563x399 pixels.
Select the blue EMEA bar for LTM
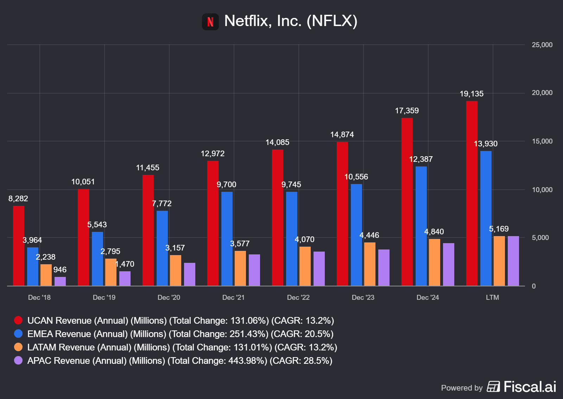click(x=486, y=218)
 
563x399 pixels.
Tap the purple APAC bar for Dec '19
click(x=125, y=278)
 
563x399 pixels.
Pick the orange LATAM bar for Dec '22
click(x=305, y=266)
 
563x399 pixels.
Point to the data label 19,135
click(x=472, y=94)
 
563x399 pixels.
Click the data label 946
click(x=60, y=270)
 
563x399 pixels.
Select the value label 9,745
click(x=291, y=185)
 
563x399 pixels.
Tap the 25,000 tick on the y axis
click(x=542, y=45)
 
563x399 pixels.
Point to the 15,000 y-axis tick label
click(x=542, y=141)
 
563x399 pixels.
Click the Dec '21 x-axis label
click(x=233, y=298)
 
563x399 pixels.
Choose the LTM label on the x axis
click(x=492, y=298)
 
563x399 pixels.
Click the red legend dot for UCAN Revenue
click(x=18, y=320)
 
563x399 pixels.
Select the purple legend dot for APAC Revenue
click(x=18, y=360)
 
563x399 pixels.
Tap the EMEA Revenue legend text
click(x=180, y=334)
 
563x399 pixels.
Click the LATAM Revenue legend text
click(x=182, y=347)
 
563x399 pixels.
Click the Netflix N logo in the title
click(x=210, y=22)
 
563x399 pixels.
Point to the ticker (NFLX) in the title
click(x=332, y=21)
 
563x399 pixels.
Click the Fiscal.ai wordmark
click(x=530, y=387)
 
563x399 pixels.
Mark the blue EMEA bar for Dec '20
click(x=162, y=248)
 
